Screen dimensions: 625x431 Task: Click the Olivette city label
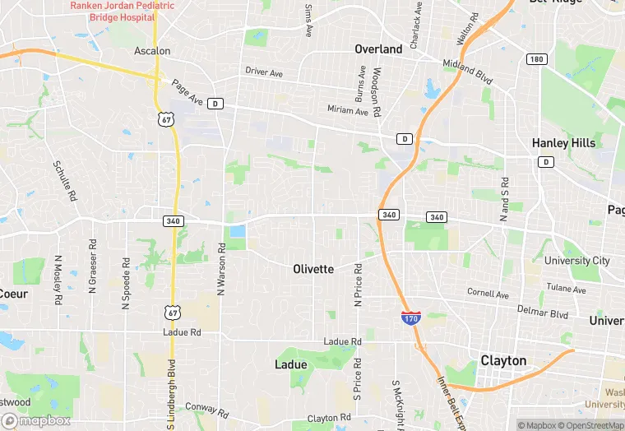(313, 269)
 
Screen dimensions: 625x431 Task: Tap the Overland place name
(378, 49)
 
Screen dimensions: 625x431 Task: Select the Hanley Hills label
(563, 143)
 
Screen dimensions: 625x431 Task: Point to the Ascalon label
(152, 51)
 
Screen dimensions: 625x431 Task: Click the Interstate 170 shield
(412, 317)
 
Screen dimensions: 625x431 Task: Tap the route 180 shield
(537, 59)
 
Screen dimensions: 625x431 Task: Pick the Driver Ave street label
(263, 72)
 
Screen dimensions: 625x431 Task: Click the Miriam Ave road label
(348, 111)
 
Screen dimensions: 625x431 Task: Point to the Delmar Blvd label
(542, 313)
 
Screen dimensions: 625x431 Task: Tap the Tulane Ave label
(567, 290)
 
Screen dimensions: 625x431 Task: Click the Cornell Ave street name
(488, 293)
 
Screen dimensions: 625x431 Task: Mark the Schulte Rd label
(63, 181)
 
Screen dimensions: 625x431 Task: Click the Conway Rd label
(206, 408)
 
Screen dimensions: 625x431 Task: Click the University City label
(577, 261)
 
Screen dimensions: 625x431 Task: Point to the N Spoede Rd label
(126, 285)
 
